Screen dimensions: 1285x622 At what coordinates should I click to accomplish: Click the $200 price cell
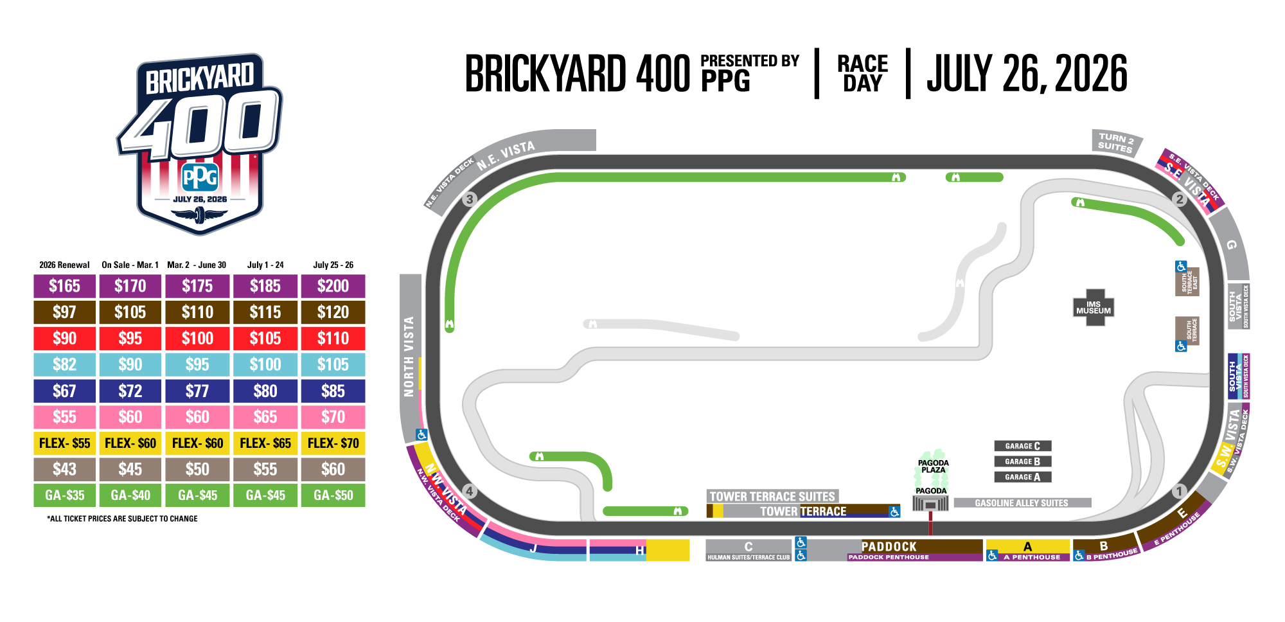coord(333,286)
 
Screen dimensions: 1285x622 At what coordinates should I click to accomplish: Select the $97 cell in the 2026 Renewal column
coord(64,312)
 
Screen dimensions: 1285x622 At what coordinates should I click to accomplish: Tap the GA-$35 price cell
coord(64,495)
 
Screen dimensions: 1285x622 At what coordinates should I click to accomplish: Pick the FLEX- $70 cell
coord(333,443)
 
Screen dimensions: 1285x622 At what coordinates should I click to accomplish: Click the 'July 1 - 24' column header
coord(265,265)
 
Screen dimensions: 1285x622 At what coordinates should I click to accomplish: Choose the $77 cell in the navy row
coord(197,391)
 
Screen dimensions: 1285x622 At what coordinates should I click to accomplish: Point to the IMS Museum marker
coord(1094,308)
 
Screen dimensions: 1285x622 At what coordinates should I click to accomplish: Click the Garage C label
coord(1022,446)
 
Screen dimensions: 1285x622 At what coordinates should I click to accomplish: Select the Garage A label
coord(1022,477)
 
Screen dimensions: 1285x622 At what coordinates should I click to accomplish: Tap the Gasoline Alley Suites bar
coord(1022,503)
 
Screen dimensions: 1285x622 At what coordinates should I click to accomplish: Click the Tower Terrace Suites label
coord(772,496)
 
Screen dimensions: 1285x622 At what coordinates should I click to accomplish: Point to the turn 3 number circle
coord(470,199)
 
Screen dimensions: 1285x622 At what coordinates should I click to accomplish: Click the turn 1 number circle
coord(1178,492)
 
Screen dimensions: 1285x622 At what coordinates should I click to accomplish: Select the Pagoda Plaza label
coord(933,466)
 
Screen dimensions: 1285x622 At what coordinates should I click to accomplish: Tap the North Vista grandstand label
coord(409,356)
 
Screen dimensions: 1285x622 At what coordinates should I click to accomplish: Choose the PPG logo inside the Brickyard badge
coord(200,177)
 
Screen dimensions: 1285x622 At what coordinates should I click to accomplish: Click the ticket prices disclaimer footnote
coord(122,519)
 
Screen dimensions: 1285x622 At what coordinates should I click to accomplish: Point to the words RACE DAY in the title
coord(862,73)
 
